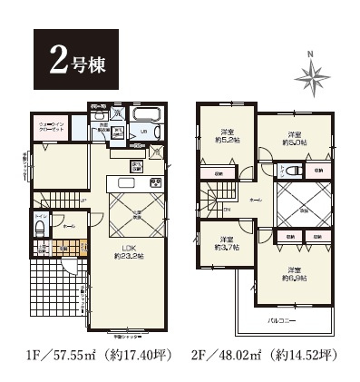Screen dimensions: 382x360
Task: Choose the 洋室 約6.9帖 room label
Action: [x=292, y=273]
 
